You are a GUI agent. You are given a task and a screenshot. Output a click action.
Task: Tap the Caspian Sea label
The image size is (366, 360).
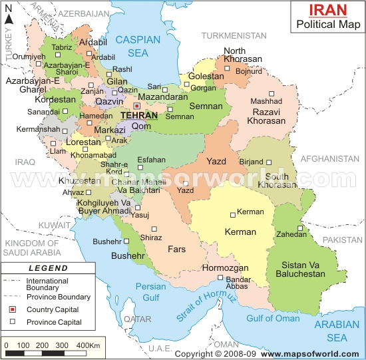click(x=137, y=46)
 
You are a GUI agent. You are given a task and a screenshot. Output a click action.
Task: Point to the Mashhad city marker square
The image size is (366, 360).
click(x=271, y=93)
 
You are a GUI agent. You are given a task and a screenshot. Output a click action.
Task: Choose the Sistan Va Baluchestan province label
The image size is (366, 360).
click(x=299, y=269)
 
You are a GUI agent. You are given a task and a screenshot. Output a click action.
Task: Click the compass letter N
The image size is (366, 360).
click(x=9, y=19)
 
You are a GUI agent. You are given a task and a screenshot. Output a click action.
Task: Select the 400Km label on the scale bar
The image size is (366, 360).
click(x=87, y=346)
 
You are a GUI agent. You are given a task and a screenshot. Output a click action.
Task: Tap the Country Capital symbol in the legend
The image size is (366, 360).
click(x=12, y=309)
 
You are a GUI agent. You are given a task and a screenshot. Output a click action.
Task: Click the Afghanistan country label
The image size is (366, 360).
click(x=330, y=159)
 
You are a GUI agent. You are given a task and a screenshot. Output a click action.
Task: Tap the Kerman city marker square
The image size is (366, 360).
click(x=232, y=214)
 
